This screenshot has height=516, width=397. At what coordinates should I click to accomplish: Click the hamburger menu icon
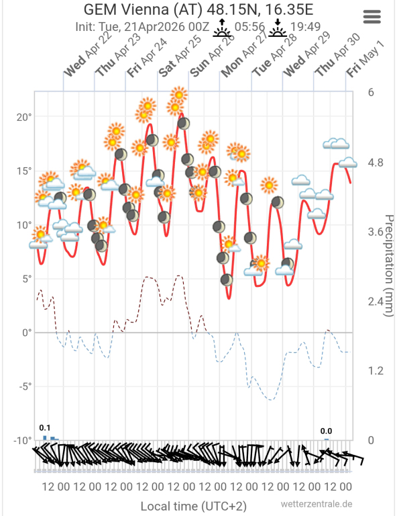[372, 16]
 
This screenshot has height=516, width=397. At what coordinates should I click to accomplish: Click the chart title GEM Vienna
[126, 9]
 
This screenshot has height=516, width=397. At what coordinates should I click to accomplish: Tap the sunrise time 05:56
[249, 27]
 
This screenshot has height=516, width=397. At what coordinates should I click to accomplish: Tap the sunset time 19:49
[305, 27]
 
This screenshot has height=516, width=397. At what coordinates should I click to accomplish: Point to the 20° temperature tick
[24, 117]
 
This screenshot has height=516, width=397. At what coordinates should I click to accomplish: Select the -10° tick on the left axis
[23, 440]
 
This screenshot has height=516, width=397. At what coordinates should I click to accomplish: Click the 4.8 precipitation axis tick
[376, 163]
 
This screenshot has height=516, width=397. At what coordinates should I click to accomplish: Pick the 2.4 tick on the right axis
[376, 302]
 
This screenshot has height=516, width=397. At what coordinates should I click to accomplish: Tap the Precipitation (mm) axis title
[389, 265]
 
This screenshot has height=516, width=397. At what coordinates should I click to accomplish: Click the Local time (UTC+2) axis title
[193, 506]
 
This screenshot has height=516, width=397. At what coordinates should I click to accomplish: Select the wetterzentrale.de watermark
[317, 504]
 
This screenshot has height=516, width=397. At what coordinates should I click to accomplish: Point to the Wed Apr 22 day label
[88, 55]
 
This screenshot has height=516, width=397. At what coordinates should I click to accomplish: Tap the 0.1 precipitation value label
[45, 428]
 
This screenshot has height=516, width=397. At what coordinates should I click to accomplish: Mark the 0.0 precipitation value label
[326, 431]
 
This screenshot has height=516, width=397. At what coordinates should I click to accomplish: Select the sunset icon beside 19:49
[278, 28]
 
